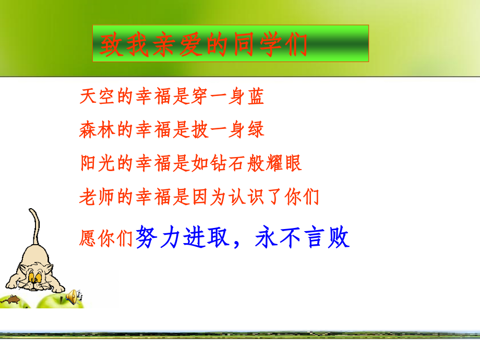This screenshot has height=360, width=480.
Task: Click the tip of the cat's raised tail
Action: click(32, 210)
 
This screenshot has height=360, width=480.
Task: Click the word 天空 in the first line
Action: click(98, 97)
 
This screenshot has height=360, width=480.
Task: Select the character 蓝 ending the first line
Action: click(255, 97)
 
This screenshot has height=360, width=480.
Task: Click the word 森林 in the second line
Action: click(98, 129)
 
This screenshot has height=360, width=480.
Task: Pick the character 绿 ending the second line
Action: click(255, 129)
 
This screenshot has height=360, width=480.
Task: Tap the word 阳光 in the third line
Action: click(98, 163)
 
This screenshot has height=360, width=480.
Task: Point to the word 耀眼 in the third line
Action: click(284, 163)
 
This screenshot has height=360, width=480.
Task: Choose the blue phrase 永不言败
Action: click(303, 238)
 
